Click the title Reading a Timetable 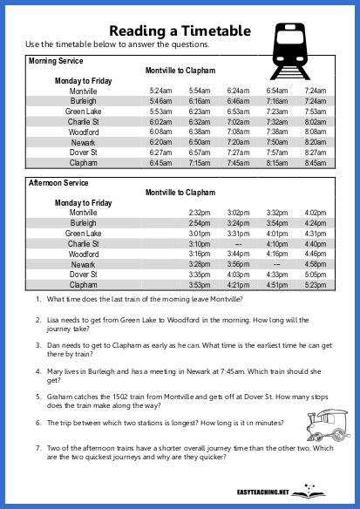point(180,30)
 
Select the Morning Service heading point(56,61)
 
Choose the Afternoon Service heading point(58,183)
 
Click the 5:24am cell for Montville point(160,91)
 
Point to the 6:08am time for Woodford point(160,132)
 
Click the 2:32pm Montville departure point(200,213)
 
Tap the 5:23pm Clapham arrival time point(314,285)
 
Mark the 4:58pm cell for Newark point(314,264)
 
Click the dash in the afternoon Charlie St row point(238,244)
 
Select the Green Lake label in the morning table point(84,112)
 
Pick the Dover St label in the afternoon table point(84,275)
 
